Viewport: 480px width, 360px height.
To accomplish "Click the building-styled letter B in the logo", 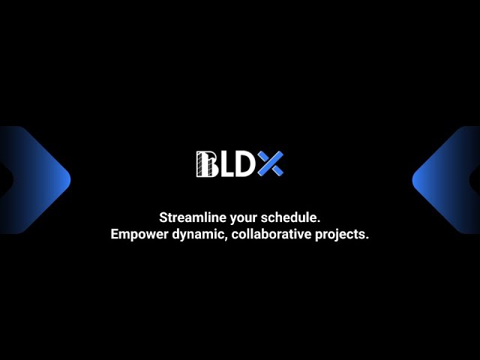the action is pyautogui.click(x=207, y=164).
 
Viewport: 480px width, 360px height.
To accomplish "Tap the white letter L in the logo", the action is pyautogui.click(x=226, y=164).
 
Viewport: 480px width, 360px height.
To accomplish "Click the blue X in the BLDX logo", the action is pyautogui.click(x=270, y=163).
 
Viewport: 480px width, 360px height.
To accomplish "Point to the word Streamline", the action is pyautogui.click(x=193, y=217).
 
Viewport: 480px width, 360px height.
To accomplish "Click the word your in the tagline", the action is pyautogui.click(x=244, y=219).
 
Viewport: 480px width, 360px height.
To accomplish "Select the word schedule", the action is pyautogui.click(x=289, y=217).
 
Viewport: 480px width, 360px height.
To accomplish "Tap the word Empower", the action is pyautogui.click(x=139, y=235).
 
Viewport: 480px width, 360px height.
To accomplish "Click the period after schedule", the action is pyautogui.click(x=318, y=222).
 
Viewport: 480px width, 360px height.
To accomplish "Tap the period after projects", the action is pyautogui.click(x=367, y=238).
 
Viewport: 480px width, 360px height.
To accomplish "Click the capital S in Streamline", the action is pyautogui.click(x=163, y=217).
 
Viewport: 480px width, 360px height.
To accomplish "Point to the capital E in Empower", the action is pyautogui.click(x=115, y=234).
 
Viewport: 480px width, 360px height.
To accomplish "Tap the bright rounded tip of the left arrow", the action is pyautogui.click(x=68, y=180).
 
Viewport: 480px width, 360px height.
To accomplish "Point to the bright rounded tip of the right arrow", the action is pyautogui.click(x=415, y=180).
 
